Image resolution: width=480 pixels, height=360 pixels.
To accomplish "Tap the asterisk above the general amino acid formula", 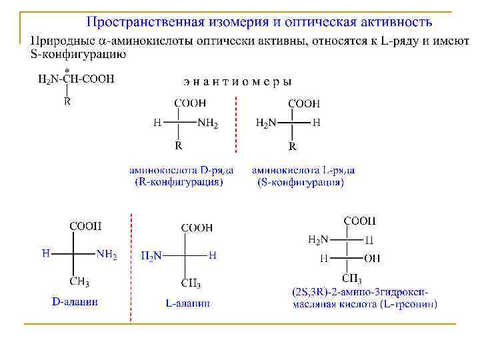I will pos(67,69).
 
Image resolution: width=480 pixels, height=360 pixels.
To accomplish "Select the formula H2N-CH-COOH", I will pos(76,79).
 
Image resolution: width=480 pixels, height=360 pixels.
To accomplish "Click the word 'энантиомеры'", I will pos(237,82).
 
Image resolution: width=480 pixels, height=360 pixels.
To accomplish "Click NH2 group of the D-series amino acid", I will pos(207,123).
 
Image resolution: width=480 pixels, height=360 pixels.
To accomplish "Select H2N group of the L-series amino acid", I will pos(267,123).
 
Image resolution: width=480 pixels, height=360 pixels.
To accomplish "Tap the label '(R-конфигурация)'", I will pos(179,181).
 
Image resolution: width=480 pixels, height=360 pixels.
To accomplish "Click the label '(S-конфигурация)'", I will pos(301,182).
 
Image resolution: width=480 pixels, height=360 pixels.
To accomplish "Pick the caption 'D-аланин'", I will pos(75,301).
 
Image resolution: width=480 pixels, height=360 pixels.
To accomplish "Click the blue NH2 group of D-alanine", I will pos(107,255).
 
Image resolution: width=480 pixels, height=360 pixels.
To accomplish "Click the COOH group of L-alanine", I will pos(197,228).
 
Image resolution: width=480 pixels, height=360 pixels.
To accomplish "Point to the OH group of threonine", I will pos(372,258).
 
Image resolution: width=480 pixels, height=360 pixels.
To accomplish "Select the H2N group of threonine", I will pos(318,239).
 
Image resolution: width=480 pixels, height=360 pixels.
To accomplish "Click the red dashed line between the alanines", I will pos(131,267).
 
